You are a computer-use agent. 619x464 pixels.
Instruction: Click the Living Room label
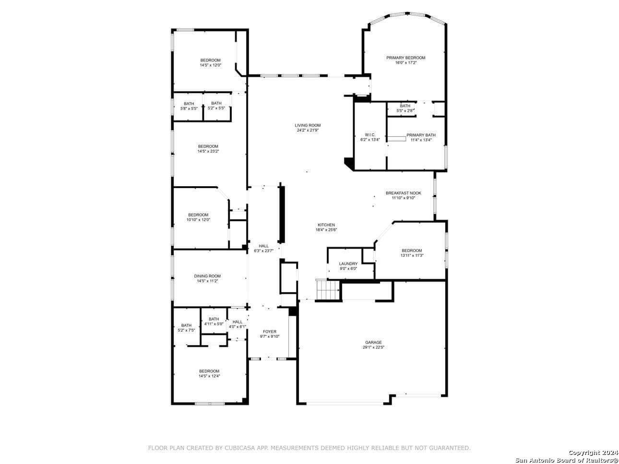[308, 125]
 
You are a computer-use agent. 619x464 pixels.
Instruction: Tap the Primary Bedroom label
[405, 58]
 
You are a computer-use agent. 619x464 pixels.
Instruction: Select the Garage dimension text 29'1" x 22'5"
[373, 347]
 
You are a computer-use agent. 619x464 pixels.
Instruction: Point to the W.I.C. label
[370, 135]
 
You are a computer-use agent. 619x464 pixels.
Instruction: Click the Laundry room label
[348, 263]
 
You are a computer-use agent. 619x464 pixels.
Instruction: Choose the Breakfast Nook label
[403, 193]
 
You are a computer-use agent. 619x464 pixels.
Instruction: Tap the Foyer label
[270, 332]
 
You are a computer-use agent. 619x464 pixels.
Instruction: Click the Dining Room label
[207, 276]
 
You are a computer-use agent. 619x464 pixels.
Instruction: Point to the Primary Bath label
[421, 135]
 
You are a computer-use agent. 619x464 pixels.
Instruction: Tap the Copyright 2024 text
[593, 452]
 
